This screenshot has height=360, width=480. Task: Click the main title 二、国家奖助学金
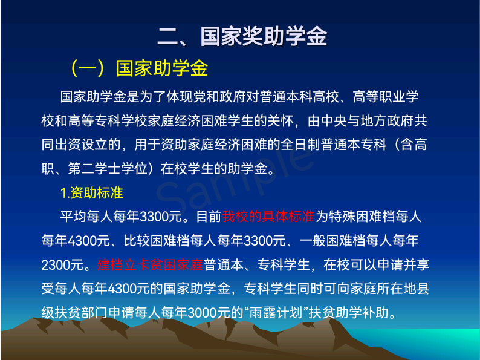click(x=242, y=37)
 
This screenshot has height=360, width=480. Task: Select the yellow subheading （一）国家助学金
click(x=139, y=68)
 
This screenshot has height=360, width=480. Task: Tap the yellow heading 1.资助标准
click(x=91, y=193)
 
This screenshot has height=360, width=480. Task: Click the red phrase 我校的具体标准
click(x=268, y=217)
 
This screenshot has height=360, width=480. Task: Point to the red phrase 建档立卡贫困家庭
click(x=150, y=265)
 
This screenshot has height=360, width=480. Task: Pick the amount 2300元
click(x=62, y=265)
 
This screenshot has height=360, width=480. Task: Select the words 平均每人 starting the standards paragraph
click(x=86, y=217)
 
